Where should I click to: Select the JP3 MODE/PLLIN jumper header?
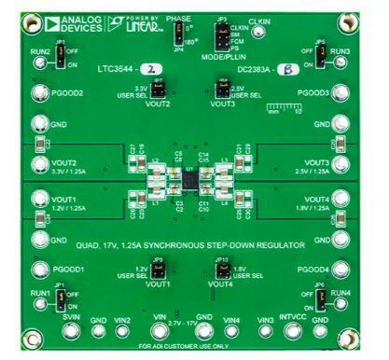[x=220, y=37]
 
